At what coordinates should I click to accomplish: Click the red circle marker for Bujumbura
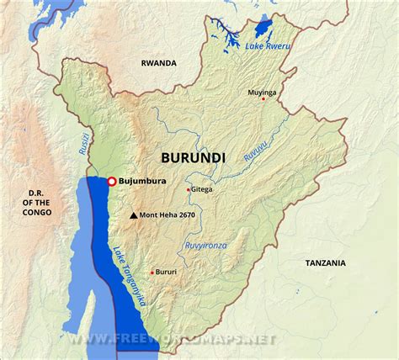click(x=111, y=181)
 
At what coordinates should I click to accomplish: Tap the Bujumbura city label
click(x=142, y=181)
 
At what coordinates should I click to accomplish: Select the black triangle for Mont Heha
click(x=133, y=216)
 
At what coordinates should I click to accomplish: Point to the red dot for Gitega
click(x=188, y=190)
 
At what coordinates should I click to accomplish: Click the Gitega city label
click(x=203, y=189)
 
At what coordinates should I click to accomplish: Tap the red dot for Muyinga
click(x=263, y=98)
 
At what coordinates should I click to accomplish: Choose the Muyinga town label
click(x=261, y=91)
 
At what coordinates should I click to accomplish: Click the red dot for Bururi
click(x=152, y=273)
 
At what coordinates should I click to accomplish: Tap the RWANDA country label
click(x=158, y=63)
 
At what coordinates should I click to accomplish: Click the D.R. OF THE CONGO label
click(x=37, y=202)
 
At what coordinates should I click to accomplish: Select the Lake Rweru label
click(x=267, y=45)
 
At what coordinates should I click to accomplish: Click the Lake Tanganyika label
click(x=129, y=277)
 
